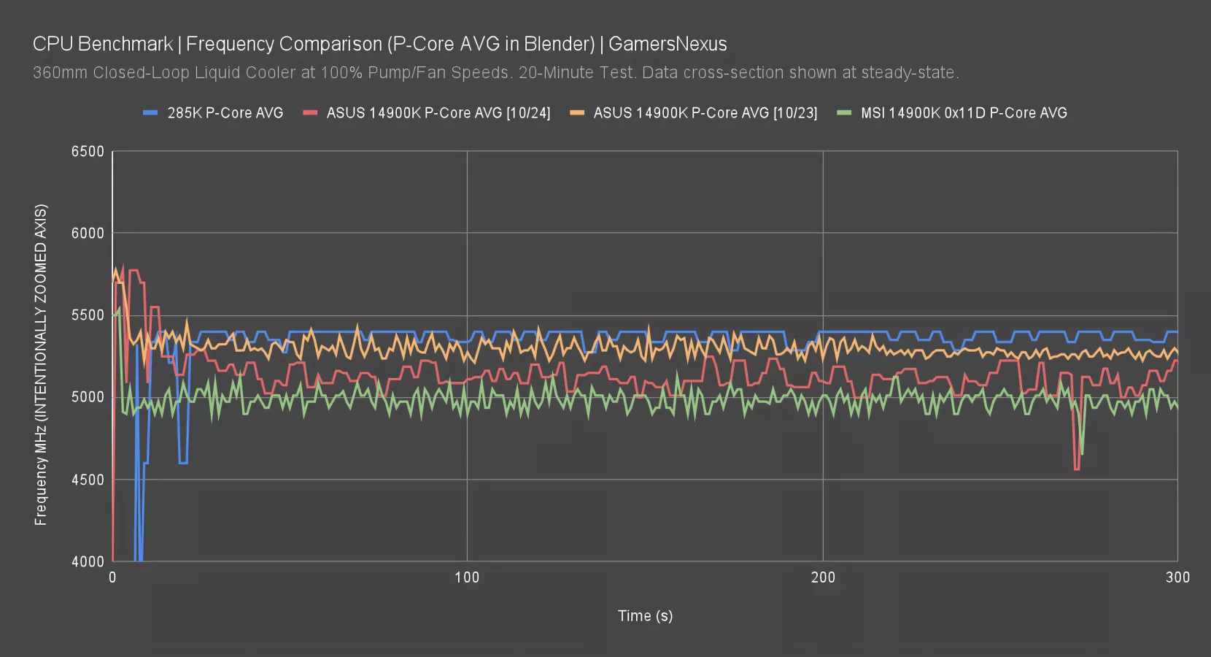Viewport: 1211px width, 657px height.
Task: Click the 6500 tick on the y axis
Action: [88, 152]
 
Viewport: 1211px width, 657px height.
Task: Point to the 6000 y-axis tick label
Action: [88, 234]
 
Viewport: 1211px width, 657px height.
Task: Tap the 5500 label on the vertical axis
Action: [88, 315]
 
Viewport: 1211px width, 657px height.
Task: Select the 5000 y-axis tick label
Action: [88, 397]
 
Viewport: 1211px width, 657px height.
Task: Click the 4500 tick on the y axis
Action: [88, 480]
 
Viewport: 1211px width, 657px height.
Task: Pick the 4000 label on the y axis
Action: [88, 561]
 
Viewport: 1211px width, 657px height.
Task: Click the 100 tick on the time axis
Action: [467, 577]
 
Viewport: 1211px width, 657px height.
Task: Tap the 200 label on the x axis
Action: [823, 577]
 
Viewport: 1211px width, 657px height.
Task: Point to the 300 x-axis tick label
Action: [1177, 577]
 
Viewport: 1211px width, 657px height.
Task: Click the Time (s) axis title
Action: [645, 615]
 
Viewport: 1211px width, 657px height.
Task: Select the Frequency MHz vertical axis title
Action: [41, 365]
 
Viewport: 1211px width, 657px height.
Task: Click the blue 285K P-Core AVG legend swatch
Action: [150, 113]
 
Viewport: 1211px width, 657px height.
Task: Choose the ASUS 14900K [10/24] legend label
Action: [438, 113]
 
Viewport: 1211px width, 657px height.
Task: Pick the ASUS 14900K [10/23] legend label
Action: [705, 113]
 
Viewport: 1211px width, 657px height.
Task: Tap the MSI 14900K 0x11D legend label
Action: [963, 113]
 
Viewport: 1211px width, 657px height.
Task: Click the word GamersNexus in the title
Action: [668, 44]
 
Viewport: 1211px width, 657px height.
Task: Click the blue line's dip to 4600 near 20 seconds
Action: [183, 462]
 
